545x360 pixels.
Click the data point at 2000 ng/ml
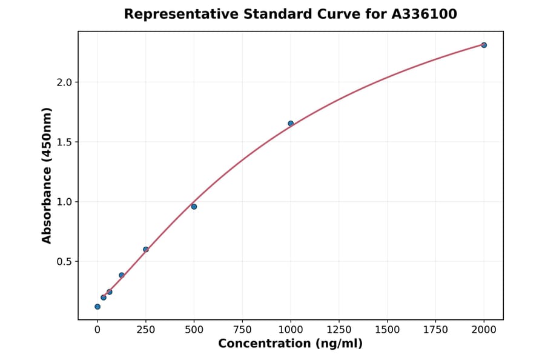click(484, 45)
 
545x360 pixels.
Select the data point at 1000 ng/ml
click(291, 124)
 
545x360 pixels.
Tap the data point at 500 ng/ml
click(194, 207)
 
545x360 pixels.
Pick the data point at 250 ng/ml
click(146, 249)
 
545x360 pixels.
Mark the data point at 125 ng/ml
click(122, 275)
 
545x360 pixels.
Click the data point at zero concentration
click(97, 307)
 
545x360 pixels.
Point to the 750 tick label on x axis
click(242, 329)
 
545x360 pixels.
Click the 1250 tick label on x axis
click(339, 329)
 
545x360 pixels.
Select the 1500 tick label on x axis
click(388, 329)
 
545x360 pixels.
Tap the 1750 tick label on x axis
click(435, 329)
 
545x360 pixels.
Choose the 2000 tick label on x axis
click(484, 329)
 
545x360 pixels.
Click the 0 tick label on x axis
click(97, 329)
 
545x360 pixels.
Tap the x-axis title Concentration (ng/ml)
click(290, 344)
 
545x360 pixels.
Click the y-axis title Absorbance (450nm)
click(47, 175)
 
